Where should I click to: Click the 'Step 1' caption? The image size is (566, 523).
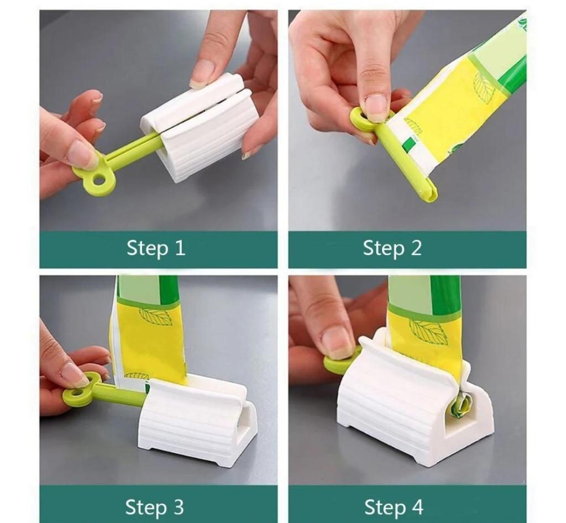pyautogui.click(x=156, y=248)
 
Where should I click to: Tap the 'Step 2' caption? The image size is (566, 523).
pyautogui.click(x=392, y=248)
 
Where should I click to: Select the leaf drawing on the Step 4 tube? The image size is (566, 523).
pyautogui.click(x=428, y=330)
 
